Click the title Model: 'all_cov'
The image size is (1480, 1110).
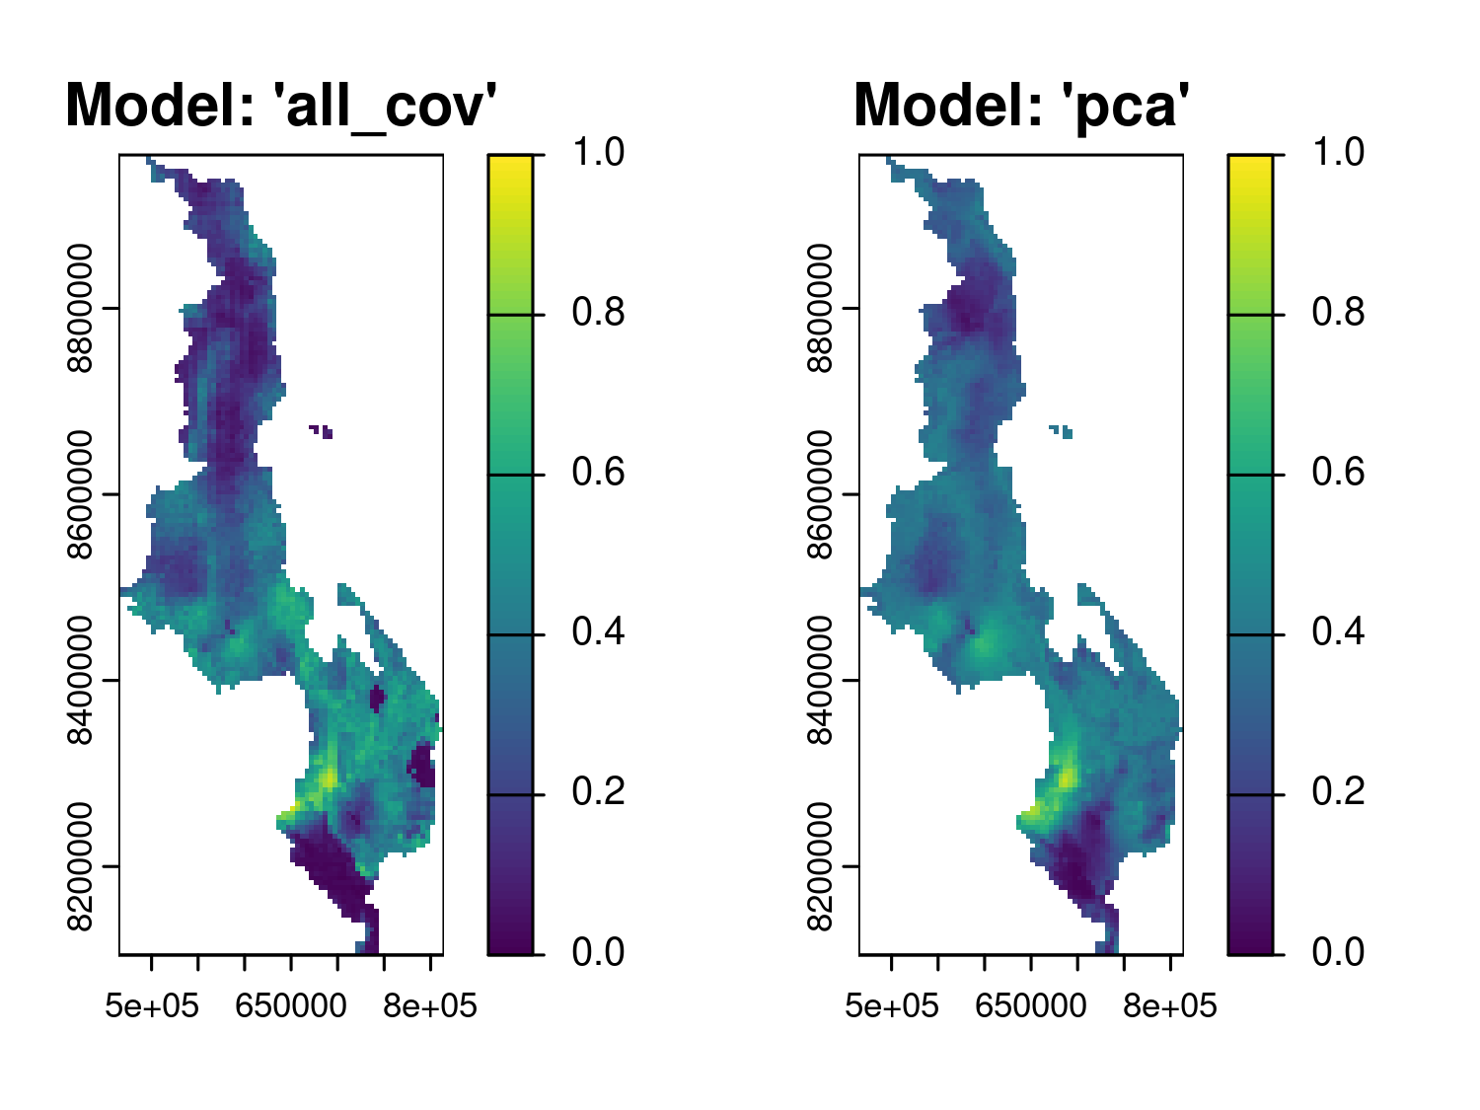280,105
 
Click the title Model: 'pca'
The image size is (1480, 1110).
1022,105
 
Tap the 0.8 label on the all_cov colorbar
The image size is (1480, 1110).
598,313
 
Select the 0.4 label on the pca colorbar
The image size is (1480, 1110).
1338,631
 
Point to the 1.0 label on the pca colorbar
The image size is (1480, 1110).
1338,152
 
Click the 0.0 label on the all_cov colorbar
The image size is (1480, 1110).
598,952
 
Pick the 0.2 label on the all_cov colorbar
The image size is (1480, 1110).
598,791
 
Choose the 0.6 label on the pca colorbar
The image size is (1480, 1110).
1338,473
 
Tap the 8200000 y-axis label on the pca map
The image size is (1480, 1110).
820,866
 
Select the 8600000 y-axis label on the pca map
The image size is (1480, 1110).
820,494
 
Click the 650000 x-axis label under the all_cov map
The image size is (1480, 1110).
291,1006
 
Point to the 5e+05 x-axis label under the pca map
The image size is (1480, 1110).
892,1006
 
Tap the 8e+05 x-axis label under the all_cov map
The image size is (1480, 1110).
430,1006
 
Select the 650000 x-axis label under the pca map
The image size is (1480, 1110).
1031,1006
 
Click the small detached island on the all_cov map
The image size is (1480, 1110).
321,431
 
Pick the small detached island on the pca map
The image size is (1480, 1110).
1062,431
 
